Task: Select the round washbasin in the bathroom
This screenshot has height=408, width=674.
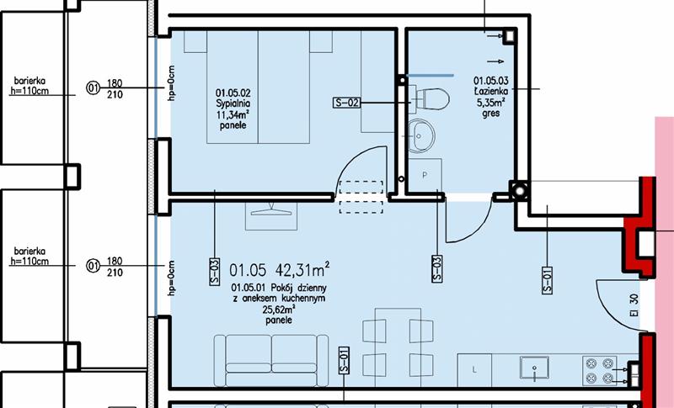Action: tap(421, 135)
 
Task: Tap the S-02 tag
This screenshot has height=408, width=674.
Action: tap(346, 103)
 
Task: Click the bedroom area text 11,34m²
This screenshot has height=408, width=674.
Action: tap(233, 114)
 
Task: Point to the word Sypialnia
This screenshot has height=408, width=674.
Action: tap(233, 103)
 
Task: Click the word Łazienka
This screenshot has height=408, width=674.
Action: tap(491, 91)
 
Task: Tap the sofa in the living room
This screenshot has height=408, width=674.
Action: tap(271, 360)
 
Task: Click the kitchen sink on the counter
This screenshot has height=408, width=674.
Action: tap(534, 368)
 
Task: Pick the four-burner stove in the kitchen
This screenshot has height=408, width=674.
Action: tap(599, 370)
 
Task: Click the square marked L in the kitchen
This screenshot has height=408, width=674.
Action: tap(474, 370)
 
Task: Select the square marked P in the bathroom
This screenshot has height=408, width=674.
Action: tap(425, 175)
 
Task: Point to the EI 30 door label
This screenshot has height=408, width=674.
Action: tap(634, 305)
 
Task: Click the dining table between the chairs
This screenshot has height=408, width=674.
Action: tap(398, 347)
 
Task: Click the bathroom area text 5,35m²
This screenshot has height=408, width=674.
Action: tap(490, 102)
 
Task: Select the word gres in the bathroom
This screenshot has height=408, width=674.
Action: tap(491, 114)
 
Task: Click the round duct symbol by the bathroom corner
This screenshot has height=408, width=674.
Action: tap(519, 190)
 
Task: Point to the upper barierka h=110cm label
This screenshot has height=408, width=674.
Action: tap(29, 86)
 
